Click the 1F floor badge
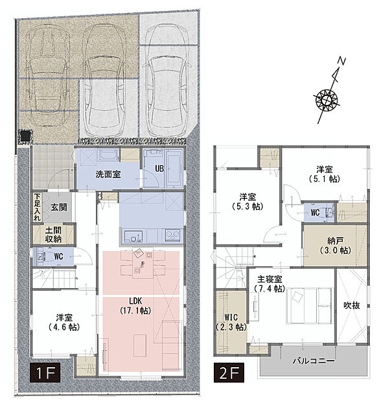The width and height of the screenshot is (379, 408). [x=45, y=372]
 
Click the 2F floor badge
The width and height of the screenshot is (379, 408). [x=229, y=372]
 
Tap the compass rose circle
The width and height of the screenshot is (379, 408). [x=326, y=99]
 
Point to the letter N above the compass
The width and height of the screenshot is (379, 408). [x=341, y=62]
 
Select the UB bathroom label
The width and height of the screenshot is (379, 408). [x=159, y=168]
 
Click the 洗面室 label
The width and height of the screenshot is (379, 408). [x=108, y=174]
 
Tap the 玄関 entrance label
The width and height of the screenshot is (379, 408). [x=59, y=207]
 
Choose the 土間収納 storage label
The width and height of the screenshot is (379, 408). [x=53, y=234]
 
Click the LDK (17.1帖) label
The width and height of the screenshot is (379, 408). [x=135, y=306]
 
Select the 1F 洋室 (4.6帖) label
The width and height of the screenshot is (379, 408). [x=64, y=323]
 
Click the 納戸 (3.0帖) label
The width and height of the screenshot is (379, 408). [x=336, y=245]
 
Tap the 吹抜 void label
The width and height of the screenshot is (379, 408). [x=352, y=305]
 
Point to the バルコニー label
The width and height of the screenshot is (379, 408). [x=314, y=361]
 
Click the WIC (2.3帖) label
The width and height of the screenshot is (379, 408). [x=231, y=322]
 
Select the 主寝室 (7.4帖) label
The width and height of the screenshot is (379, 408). [x=270, y=284]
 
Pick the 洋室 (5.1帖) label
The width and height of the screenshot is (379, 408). [x=325, y=174]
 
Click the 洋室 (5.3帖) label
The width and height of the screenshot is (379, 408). [x=247, y=201]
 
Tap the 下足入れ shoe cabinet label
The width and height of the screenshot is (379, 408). [x=37, y=207]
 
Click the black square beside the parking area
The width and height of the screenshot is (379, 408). [x=25, y=136]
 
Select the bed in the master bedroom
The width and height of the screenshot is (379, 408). [x=310, y=306]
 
